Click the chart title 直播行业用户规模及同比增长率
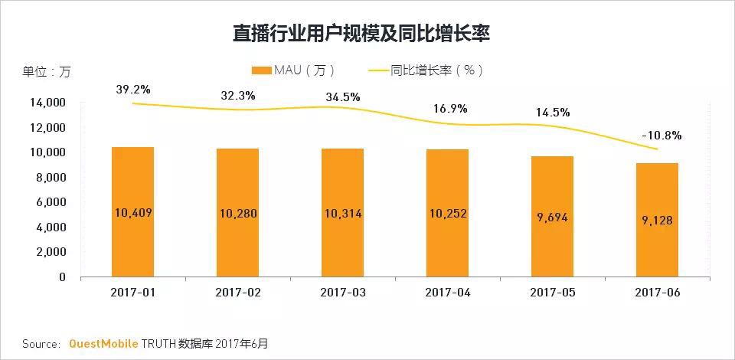click(361, 34)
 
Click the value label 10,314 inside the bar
click(342, 214)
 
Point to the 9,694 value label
click(552, 218)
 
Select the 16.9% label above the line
click(447, 108)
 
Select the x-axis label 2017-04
click(446, 293)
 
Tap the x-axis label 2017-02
click(237, 293)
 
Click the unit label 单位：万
click(46, 72)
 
